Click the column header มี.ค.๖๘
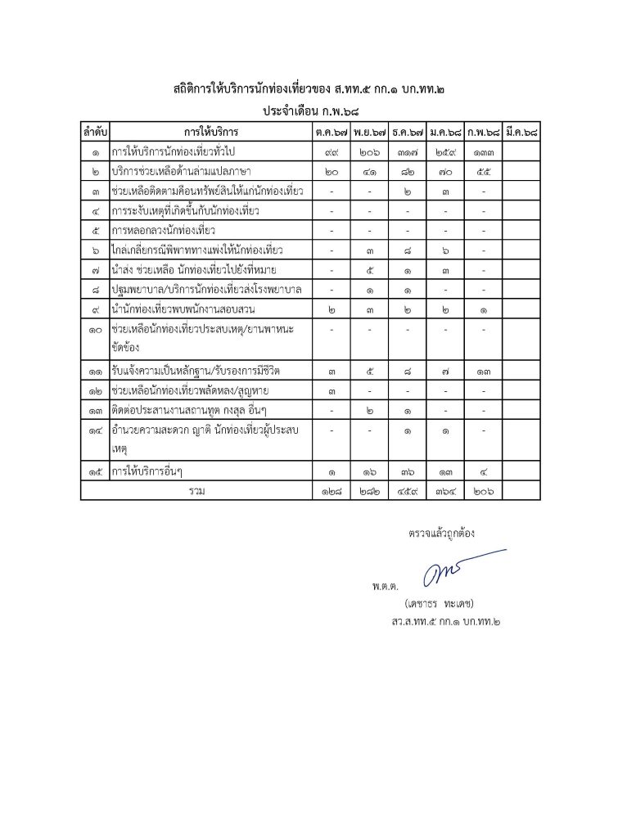[x=522, y=132]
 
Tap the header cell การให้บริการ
[x=210, y=132]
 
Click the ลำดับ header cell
[x=95, y=132]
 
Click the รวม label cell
[x=196, y=490]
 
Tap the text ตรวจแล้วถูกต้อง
[x=441, y=533]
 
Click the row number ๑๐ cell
[x=95, y=328]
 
